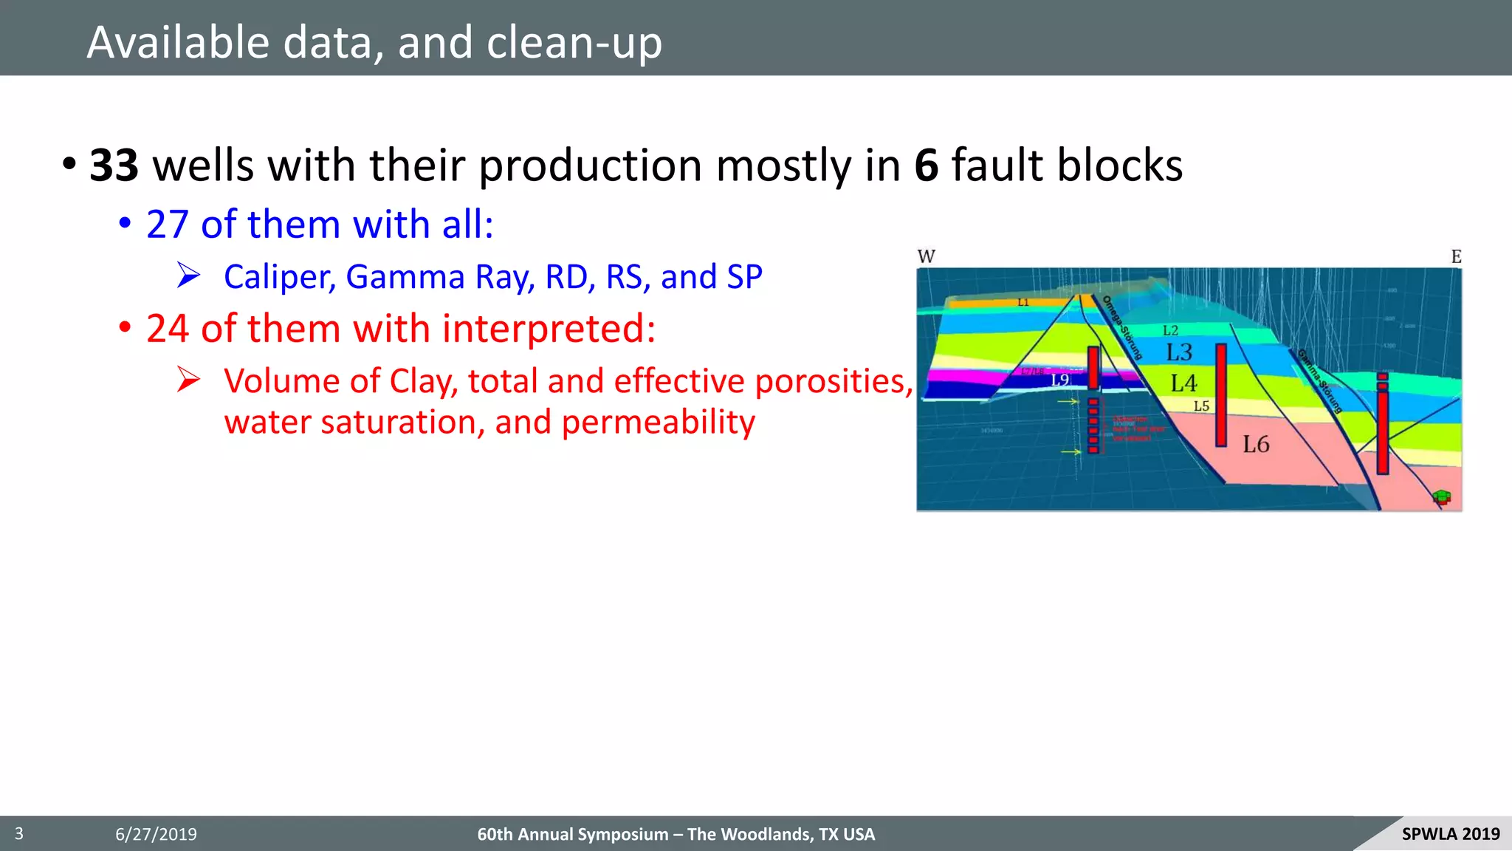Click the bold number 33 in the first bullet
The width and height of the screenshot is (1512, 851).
pyautogui.click(x=114, y=165)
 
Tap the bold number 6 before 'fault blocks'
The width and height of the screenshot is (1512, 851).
pyautogui.click(x=926, y=165)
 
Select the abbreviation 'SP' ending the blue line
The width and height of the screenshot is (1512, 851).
pyautogui.click(x=744, y=277)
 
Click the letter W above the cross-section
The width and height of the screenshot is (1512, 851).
pyautogui.click(x=926, y=256)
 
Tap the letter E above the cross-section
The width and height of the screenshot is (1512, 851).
pyautogui.click(x=1456, y=256)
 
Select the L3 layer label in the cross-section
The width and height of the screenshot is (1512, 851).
pyautogui.click(x=1179, y=352)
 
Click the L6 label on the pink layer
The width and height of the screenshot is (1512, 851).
pyautogui.click(x=1256, y=444)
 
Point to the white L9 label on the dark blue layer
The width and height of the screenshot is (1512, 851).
pyautogui.click(x=1060, y=380)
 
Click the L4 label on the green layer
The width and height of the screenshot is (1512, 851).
pyautogui.click(x=1183, y=383)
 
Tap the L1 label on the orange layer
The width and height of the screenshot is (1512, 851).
pyautogui.click(x=1023, y=302)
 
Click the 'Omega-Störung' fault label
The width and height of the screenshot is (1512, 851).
pyautogui.click(x=1122, y=327)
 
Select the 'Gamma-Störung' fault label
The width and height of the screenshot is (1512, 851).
pyautogui.click(x=1319, y=381)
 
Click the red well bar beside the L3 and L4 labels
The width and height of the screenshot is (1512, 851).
pyautogui.click(x=1221, y=395)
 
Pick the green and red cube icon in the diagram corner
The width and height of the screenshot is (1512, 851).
pyautogui.click(x=1442, y=497)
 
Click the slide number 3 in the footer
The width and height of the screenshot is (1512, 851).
pyautogui.click(x=19, y=834)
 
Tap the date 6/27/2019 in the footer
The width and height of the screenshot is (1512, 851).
pyautogui.click(x=156, y=835)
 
